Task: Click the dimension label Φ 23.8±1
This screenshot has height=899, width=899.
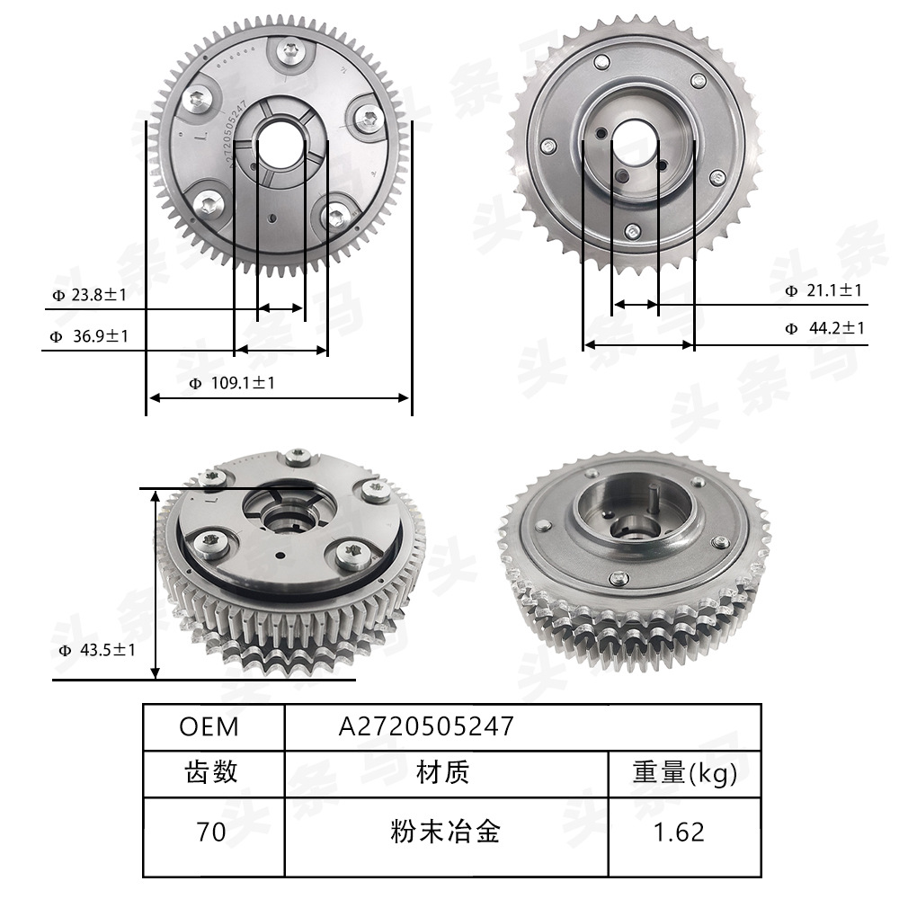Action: pos(91,294)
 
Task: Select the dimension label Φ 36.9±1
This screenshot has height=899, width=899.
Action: pos(90,336)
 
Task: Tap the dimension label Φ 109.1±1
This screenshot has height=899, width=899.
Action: pos(232,383)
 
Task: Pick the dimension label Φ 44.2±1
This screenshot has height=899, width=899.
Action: pos(824,328)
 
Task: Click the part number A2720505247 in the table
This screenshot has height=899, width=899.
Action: pos(426,726)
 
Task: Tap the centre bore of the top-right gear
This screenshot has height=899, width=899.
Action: pos(636,141)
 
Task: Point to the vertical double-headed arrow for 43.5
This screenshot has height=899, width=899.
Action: pos(156,584)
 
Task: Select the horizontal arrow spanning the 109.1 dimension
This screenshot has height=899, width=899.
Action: pos(279,397)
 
